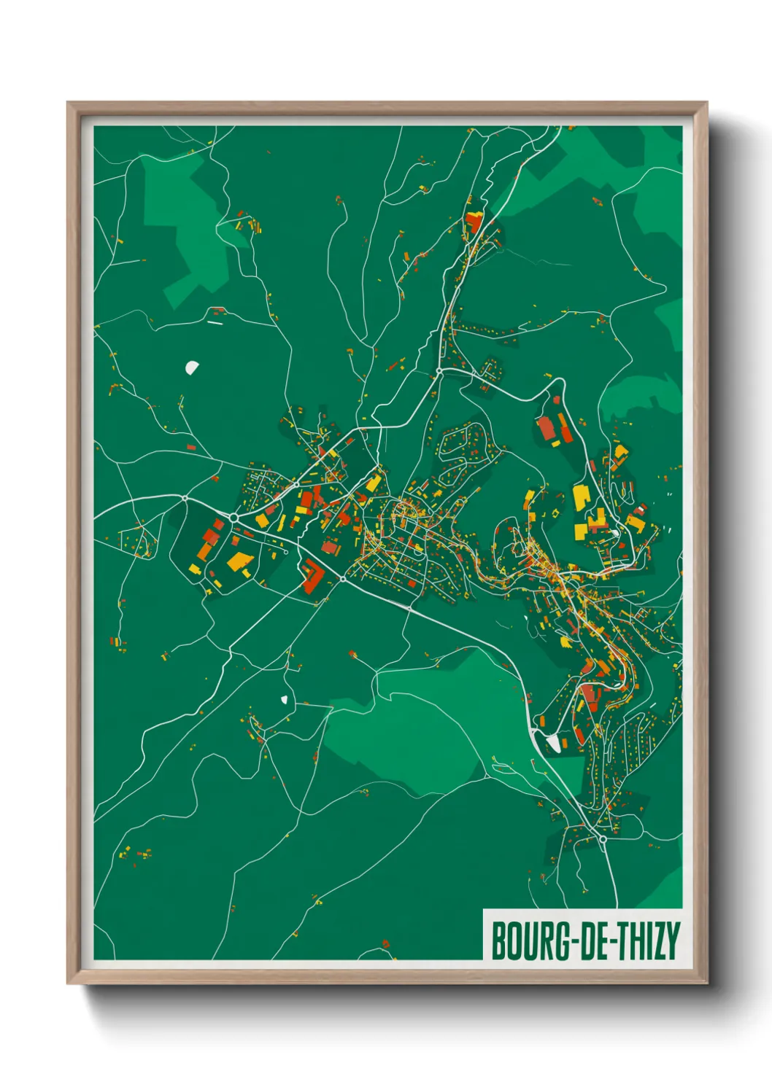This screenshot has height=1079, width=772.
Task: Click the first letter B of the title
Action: (500, 941)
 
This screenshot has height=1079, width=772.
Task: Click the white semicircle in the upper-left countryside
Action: (192, 367)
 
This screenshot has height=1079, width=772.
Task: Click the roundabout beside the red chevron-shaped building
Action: (342, 579)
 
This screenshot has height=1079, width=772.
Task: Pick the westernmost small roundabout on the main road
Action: (185, 499)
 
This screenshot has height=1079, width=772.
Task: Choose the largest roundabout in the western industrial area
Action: (234, 517)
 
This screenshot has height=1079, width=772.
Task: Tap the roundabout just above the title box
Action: (603, 839)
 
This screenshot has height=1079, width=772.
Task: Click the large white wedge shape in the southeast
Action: (553, 743)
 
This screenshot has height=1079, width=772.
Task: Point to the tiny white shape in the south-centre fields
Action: (284, 700)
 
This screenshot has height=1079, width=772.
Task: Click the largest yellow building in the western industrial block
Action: (239, 561)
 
